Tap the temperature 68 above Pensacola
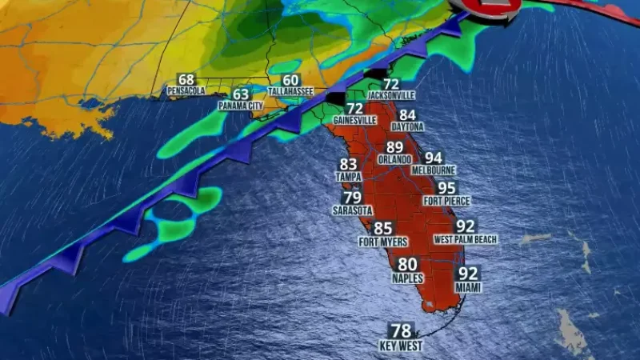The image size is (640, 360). [x=186, y=80]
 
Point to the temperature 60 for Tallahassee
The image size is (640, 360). [x=290, y=81]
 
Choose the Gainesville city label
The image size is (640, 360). [x=354, y=120]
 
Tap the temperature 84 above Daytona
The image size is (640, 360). [x=408, y=115]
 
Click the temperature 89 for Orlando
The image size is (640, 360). [x=394, y=148]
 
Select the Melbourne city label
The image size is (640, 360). [x=434, y=170]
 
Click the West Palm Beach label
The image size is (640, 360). [x=466, y=239]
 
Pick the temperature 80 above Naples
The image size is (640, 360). [x=407, y=265]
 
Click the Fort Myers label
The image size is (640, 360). [x=383, y=242]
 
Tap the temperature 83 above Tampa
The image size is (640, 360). [x=349, y=165]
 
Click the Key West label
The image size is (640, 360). [x=400, y=346]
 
